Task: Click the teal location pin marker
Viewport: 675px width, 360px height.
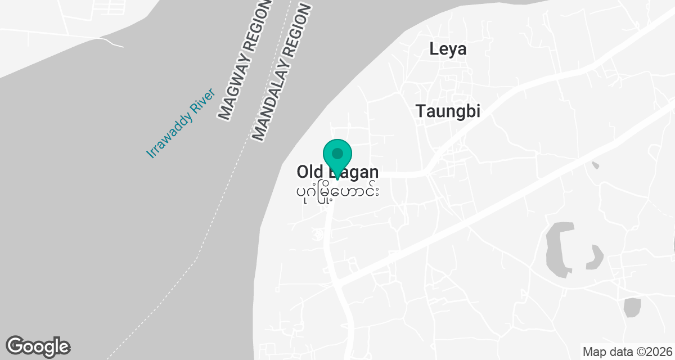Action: point(337,154)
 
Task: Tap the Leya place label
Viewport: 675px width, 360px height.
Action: point(448,49)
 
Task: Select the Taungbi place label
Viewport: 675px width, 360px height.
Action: point(448,111)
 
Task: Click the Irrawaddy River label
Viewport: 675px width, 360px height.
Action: point(181,123)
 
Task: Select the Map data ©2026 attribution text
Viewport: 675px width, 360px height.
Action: point(627,352)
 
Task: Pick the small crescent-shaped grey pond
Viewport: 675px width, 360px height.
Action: point(595,258)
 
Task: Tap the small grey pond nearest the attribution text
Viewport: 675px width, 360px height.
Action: point(632,307)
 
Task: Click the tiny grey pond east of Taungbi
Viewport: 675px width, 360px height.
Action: point(595,165)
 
